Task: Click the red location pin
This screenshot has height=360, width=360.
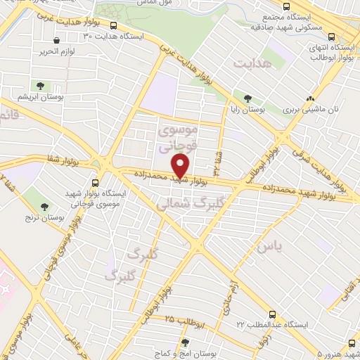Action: tap(181, 166)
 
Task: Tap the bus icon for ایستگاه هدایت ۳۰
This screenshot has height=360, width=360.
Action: tap(114, 26)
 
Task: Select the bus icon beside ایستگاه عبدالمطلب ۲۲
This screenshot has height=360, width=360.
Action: tap(273, 314)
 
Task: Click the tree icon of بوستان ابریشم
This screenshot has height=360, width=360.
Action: tap(40, 85)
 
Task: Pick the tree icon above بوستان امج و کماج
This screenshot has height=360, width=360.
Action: tap(185, 342)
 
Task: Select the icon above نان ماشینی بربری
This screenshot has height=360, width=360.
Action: tap(310, 98)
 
